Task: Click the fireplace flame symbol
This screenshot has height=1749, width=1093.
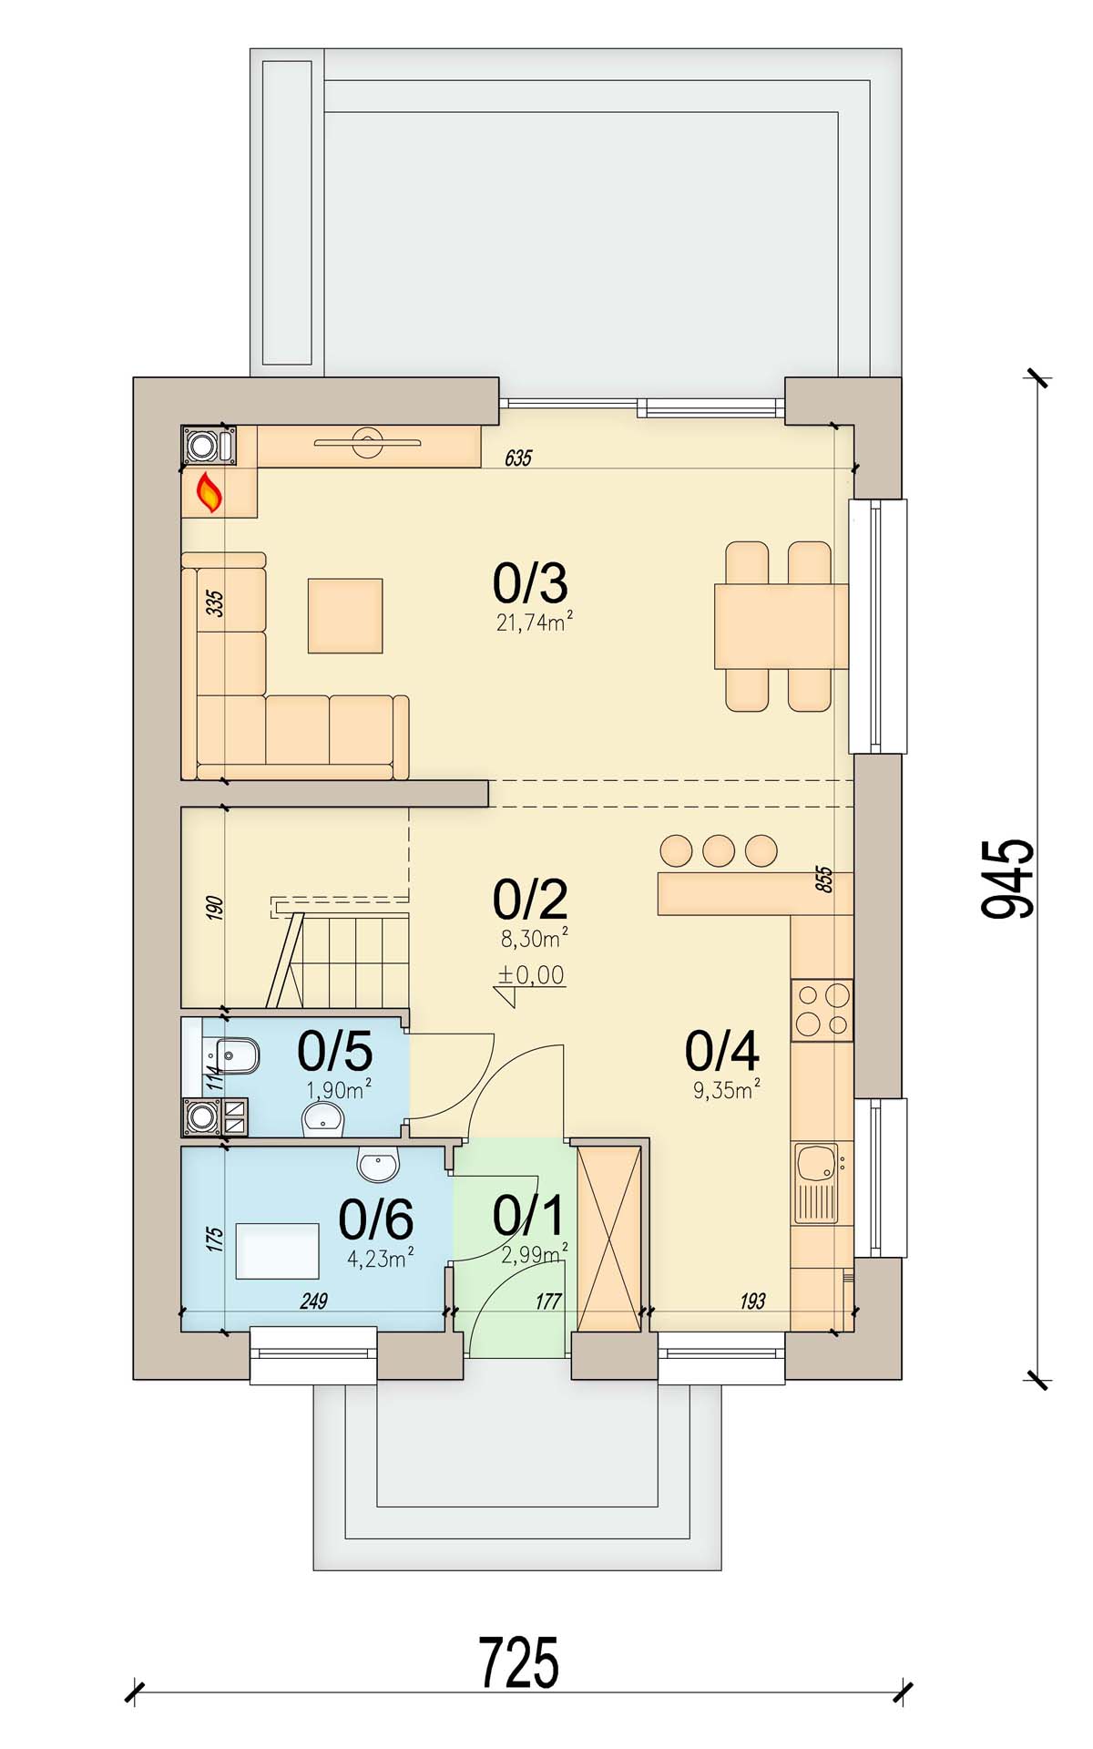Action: tap(210, 493)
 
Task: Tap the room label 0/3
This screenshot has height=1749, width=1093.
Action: tap(530, 583)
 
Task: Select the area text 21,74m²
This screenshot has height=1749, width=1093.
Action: tap(535, 622)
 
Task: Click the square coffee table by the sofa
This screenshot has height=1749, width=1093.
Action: tap(345, 616)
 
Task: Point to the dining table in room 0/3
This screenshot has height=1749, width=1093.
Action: tap(781, 626)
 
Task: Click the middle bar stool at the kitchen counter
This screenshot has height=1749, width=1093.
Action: tap(719, 850)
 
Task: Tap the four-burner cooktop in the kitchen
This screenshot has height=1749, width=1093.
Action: tap(822, 1010)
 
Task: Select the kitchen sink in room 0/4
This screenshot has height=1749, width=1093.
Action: tap(817, 1183)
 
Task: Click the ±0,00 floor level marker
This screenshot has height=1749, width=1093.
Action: tap(530, 981)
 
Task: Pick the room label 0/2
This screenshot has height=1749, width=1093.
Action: tap(530, 900)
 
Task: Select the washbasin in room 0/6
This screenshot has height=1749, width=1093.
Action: tap(378, 1164)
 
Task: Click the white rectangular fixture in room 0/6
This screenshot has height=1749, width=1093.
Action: tap(278, 1251)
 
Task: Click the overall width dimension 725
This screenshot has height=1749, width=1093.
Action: tap(518, 1662)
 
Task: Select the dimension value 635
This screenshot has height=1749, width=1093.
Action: tap(518, 458)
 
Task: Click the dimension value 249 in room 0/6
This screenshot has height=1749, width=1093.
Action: tap(313, 1301)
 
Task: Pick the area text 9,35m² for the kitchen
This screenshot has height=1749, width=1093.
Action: tap(727, 1090)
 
